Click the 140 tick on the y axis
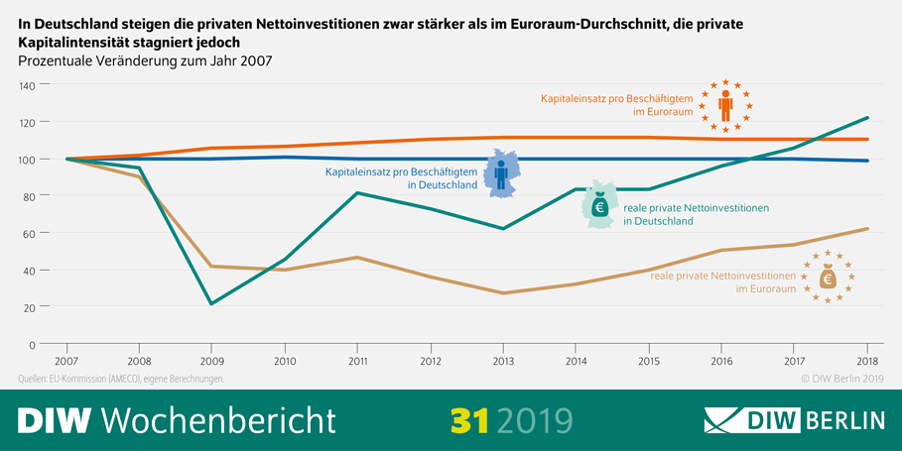point(27,86)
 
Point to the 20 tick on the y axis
point(30,307)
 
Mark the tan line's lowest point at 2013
point(503,293)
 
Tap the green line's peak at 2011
point(358,193)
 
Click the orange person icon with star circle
point(725,106)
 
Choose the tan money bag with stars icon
point(828,277)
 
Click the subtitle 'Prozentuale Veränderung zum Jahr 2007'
point(146,61)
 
